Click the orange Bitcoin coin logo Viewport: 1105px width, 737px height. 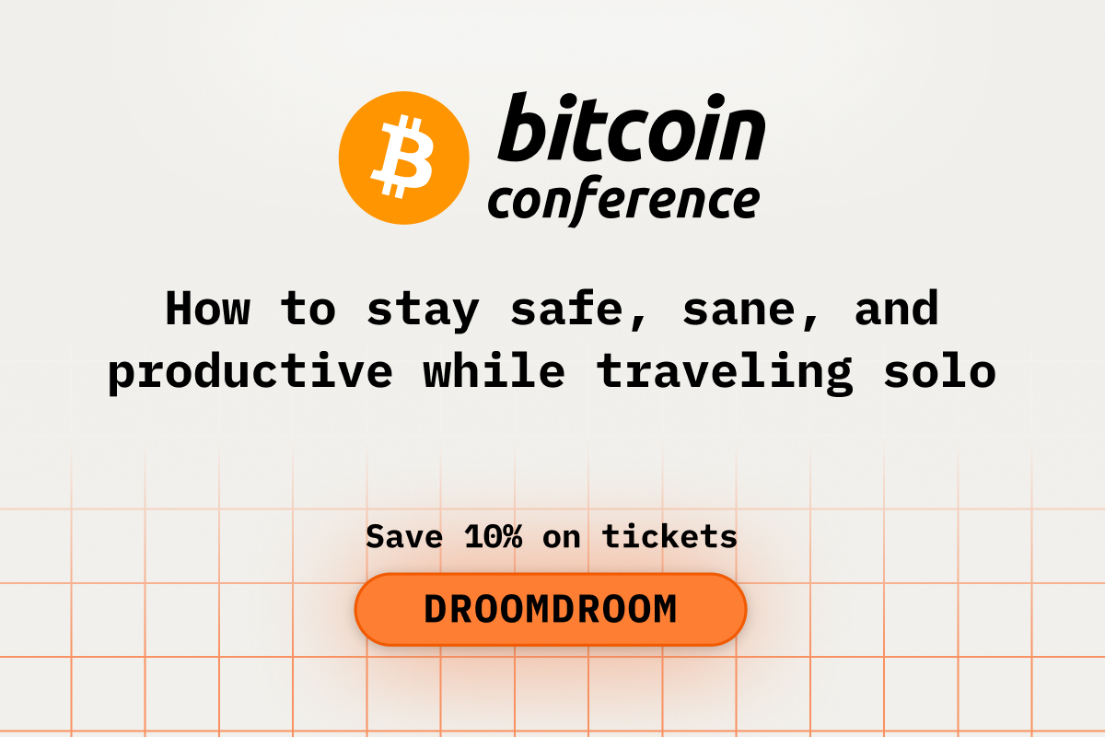click(404, 158)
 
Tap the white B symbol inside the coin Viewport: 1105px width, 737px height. click(403, 158)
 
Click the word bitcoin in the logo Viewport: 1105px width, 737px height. click(631, 128)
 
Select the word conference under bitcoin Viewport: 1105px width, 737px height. click(623, 200)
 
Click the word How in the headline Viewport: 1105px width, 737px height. click(207, 309)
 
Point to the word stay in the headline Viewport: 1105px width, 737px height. click(423, 310)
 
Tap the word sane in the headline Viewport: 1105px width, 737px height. click(745, 310)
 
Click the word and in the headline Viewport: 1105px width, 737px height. click(897, 309)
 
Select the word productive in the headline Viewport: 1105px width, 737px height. click(250, 373)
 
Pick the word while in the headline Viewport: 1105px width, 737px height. click(494, 371)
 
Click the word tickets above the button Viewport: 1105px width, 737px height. click(669, 535)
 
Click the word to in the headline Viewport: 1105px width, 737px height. click(308, 310)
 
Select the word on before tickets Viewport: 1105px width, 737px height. click(562, 537)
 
